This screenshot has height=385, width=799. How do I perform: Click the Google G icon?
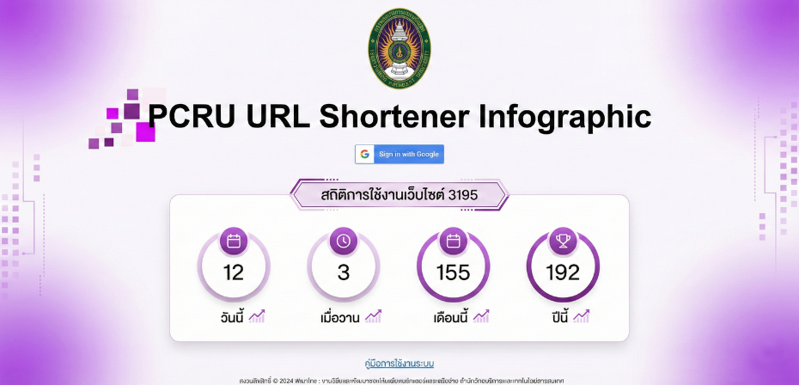tap(365, 154)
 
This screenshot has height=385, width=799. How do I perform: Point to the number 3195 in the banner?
tap(462, 195)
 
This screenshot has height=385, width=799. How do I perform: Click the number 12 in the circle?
tap(234, 273)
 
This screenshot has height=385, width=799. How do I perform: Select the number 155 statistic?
tap(453, 273)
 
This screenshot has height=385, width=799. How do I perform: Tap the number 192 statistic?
tap(563, 273)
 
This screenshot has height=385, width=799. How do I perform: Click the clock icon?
tap(343, 241)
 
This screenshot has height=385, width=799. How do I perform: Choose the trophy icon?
tap(563, 241)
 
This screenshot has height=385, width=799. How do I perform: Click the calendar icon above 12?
tap(234, 241)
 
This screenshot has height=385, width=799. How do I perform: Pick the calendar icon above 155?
tap(453, 241)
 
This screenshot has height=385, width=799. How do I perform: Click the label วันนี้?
tap(232, 317)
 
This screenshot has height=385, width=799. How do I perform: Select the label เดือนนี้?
tap(450, 317)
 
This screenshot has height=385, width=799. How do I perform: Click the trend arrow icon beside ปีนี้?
tap(582, 316)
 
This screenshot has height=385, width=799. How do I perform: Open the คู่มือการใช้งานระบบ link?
tap(399, 364)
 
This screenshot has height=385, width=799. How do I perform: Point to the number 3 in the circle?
tap(343, 273)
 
